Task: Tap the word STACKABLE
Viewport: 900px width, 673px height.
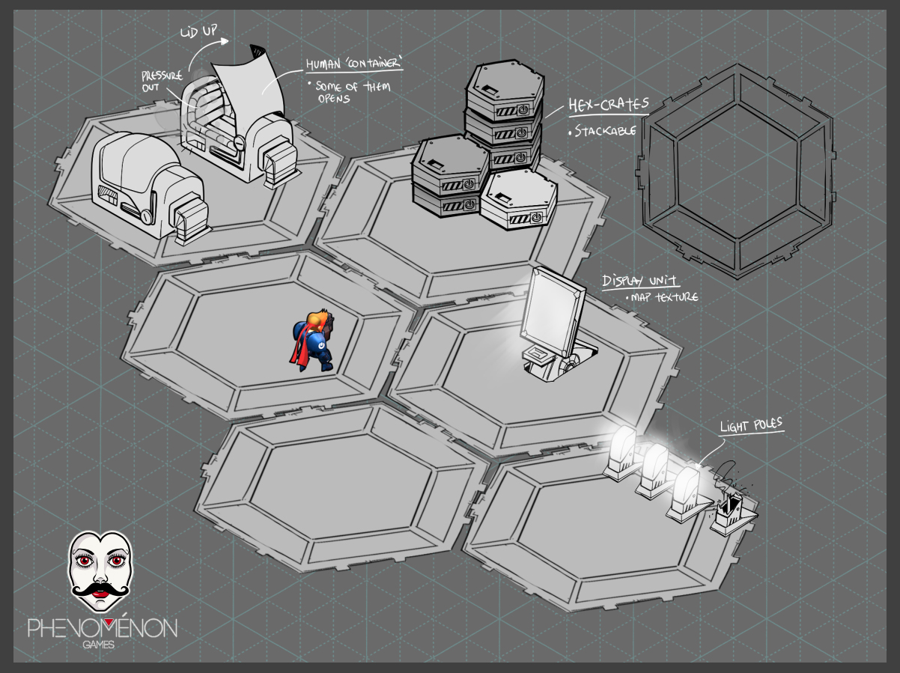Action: tap(605, 131)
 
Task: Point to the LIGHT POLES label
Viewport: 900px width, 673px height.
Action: tap(751, 425)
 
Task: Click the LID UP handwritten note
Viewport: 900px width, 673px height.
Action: tap(199, 31)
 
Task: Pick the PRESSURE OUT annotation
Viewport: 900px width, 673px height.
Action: tap(162, 81)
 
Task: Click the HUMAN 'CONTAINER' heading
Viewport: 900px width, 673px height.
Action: tap(354, 64)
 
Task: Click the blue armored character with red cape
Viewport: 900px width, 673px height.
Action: tap(313, 341)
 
